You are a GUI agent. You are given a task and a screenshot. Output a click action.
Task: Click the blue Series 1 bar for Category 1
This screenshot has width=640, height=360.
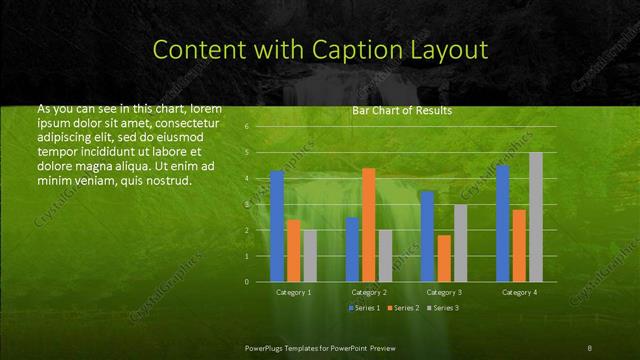(277, 226)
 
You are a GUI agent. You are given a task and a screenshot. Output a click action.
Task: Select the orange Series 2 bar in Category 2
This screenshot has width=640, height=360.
(368, 225)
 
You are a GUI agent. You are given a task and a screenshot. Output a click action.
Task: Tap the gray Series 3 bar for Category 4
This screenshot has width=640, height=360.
(536, 217)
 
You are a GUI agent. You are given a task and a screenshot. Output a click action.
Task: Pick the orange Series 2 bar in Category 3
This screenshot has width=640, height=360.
(443, 258)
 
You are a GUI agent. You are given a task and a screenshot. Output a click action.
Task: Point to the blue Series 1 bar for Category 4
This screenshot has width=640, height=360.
(502, 223)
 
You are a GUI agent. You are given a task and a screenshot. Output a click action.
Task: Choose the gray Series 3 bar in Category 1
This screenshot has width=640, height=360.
(310, 256)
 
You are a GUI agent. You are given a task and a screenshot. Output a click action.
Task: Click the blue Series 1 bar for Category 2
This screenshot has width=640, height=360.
(352, 249)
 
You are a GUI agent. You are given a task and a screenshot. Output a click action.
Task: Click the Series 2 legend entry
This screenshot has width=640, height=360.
(403, 308)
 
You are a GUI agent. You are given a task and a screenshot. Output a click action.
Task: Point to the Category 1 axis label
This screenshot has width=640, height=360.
(293, 292)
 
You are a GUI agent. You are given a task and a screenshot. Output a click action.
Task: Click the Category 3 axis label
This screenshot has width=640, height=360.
(444, 292)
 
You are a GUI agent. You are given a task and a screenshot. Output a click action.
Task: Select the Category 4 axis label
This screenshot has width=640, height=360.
(519, 292)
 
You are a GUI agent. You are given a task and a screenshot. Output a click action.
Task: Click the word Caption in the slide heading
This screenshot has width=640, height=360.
(360, 49)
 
